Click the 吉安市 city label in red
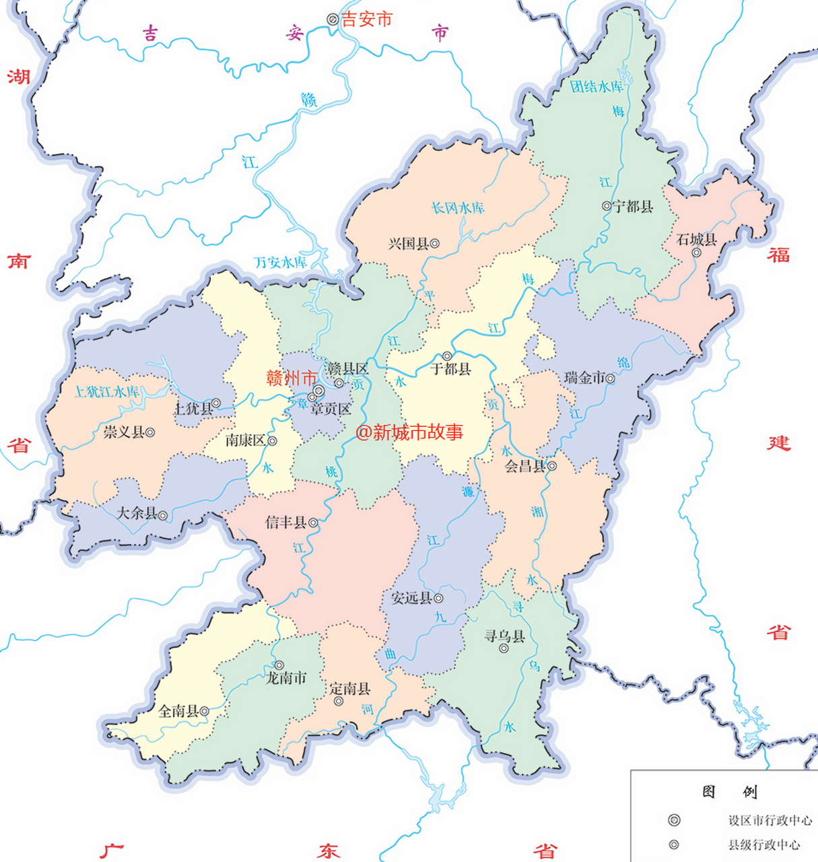tap(366, 20)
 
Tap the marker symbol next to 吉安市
tap(333, 20)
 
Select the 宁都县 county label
tap(633, 206)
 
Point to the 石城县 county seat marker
tap(697, 253)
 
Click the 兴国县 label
tap(408, 244)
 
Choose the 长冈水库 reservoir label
tap(458, 208)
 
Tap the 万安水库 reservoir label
tap(280, 262)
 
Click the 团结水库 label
tap(597, 87)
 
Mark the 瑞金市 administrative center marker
tap(610, 379)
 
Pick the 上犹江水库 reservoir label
tap(107, 391)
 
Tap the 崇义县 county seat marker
tap(151, 432)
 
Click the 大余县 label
tap(137, 513)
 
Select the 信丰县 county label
tap(286, 522)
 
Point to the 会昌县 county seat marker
tap(552, 465)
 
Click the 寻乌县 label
tap(504, 636)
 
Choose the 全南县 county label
tap(178, 710)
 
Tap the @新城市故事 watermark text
tap(409, 432)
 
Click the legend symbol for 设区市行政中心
tap(674, 820)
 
